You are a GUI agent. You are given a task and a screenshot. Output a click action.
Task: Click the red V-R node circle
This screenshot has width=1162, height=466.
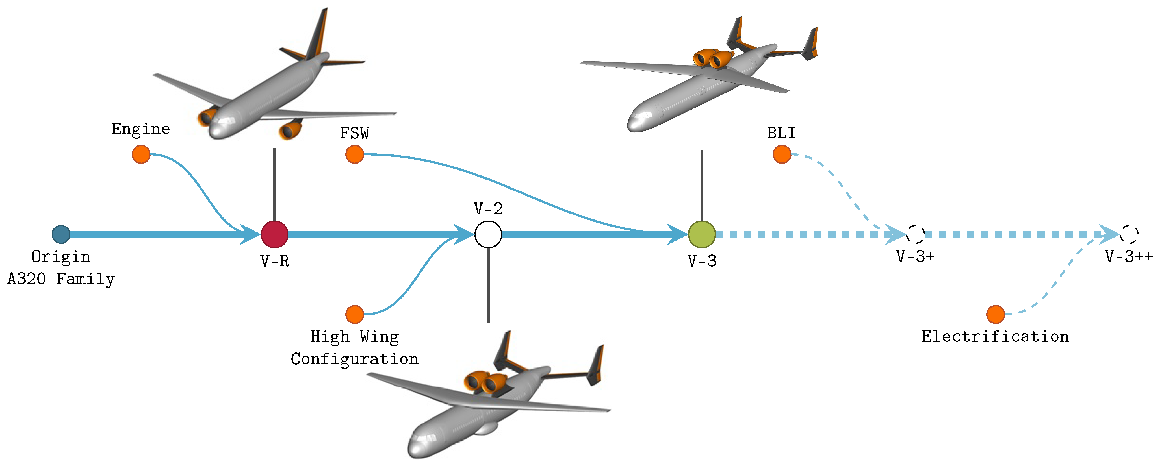[274, 234]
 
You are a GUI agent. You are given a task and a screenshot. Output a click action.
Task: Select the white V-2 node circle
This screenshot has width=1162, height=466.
[488, 234]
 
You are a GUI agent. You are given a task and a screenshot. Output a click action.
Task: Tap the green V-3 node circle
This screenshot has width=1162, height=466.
[701, 234]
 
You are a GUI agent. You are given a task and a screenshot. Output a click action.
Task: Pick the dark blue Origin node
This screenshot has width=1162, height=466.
[61, 234]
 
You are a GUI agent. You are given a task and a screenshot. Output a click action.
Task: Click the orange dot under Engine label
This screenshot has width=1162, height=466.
[141, 154]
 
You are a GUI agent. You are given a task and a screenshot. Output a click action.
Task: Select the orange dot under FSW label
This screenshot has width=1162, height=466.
[355, 154]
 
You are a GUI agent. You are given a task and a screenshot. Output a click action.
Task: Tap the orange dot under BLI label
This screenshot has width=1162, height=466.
[782, 154]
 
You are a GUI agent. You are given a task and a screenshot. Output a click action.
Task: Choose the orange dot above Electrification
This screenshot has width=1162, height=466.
[996, 314]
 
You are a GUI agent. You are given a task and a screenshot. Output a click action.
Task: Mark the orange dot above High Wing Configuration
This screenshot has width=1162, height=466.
[355, 314]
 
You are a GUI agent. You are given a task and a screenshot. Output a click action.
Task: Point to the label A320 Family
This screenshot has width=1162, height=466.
[61, 279]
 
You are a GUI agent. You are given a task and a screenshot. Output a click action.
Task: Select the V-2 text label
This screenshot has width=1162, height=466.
[488, 209]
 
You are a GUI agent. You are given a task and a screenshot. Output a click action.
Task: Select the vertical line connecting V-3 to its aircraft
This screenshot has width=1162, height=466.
[701, 185]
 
